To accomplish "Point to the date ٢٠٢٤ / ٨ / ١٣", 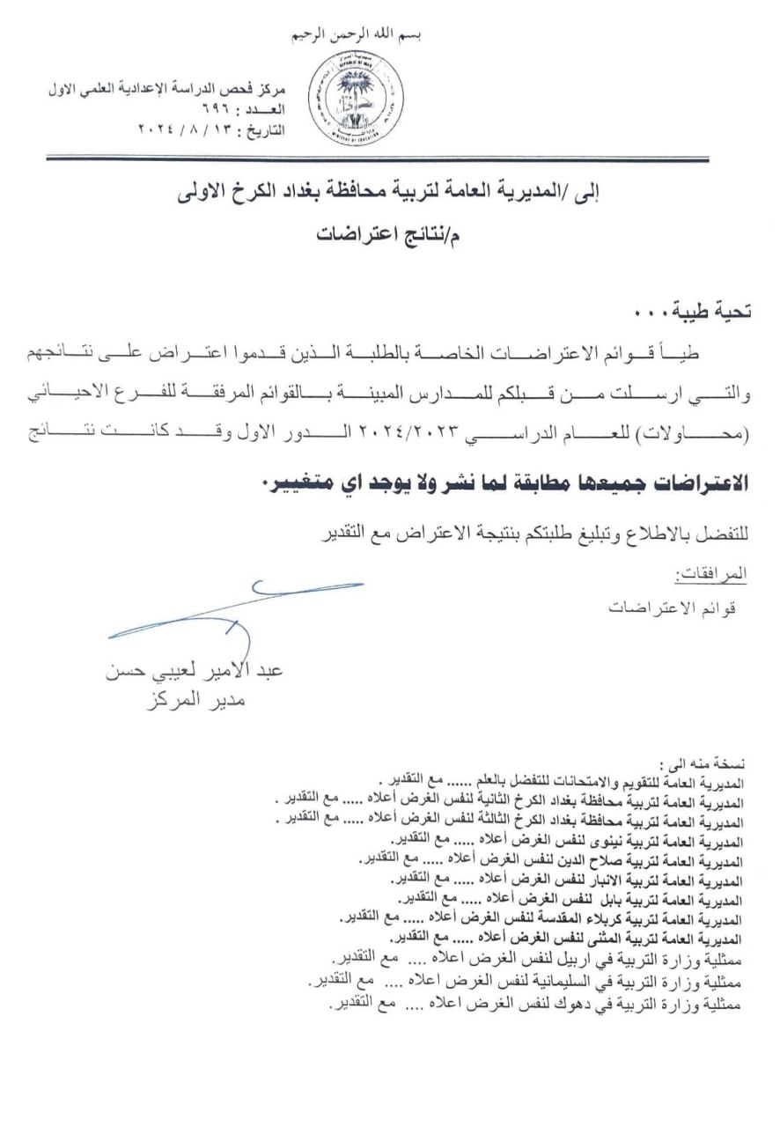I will click(x=186, y=129).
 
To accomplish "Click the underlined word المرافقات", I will click(x=710, y=575).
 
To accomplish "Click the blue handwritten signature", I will click(x=238, y=608).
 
